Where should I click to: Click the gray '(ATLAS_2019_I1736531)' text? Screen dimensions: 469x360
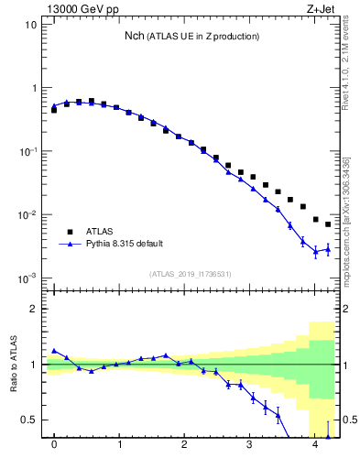191,274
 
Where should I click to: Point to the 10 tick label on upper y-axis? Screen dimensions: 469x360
31,25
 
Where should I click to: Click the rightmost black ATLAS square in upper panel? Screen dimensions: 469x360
328,224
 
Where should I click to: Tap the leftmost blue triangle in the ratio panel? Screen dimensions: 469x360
54,351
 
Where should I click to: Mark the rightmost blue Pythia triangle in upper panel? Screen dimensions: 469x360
328,248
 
